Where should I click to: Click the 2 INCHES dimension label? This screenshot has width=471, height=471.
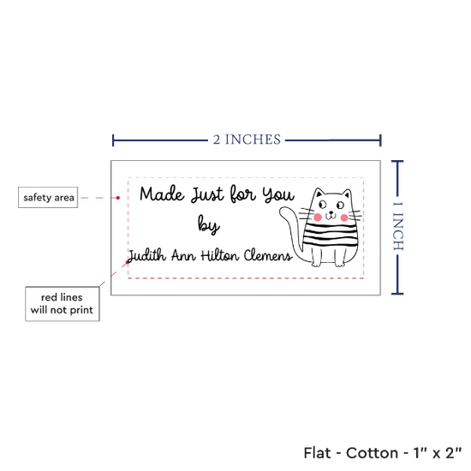coord(247,140)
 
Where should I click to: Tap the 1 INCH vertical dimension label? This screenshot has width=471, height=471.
coord(398,226)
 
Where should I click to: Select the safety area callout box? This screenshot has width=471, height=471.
coord(48,197)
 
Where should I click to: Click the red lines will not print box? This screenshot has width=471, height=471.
coord(63,304)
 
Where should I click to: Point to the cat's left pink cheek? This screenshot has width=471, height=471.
coord(318,217)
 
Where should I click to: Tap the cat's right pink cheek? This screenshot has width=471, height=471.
coord(344,218)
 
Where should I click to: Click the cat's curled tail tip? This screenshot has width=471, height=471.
coord(283,211)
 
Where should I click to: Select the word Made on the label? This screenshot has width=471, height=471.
coord(162,194)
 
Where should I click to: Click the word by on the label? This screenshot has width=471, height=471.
coord(208,224)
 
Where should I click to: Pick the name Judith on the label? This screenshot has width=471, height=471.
coord(146,256)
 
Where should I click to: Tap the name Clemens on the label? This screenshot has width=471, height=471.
coord(268,256)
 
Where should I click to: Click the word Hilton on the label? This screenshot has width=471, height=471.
coord(220,256)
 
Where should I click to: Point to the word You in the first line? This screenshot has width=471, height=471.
coord(278,194)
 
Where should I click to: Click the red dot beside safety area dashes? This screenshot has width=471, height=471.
coord(118,198)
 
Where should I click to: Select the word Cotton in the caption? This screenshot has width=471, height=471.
coord(373,453)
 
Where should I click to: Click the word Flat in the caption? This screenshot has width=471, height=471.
coord(317,453)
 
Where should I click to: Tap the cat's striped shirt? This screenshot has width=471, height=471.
coord(331,235)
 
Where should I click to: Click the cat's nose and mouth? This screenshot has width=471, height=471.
coord(331,215)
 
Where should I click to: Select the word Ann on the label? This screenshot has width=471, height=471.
coord(183,256)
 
